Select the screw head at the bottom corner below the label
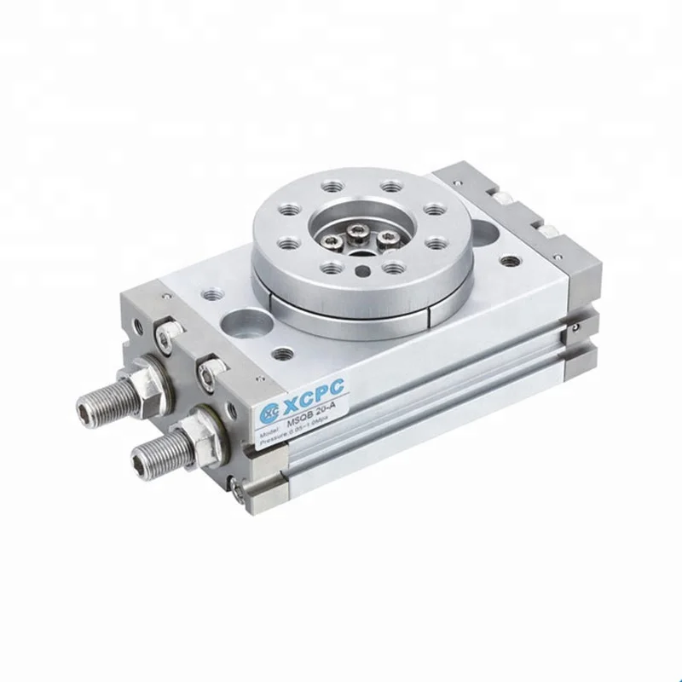pos(237,485)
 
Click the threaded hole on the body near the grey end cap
pos(510,261)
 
